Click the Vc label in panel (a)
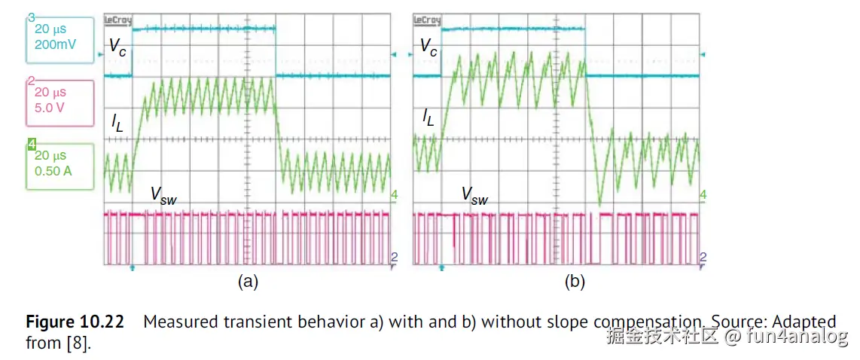point(117,47)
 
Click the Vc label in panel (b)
point(428,47)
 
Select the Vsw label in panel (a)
point(164,196)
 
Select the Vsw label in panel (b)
point(474,196)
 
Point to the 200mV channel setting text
point(56,44)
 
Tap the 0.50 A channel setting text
point(53,170)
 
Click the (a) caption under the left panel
point(248,282)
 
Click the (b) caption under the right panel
point(574,282)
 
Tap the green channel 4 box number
point(31,143)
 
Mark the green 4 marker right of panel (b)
point(703,195)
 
